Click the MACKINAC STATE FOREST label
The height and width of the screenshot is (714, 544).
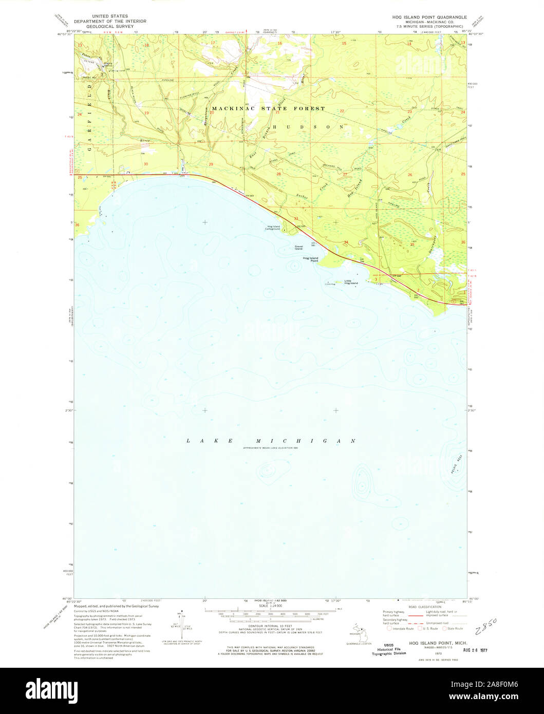coord(268,108)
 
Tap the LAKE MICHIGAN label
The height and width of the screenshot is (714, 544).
coord(271,441)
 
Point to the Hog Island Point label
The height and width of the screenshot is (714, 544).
coord(310,259)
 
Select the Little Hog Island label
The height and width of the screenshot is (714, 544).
coord(351,282)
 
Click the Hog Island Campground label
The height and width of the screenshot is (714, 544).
coord(273,228)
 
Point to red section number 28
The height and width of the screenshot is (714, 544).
coord(279,174)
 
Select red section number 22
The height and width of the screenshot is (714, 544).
coord(342,111)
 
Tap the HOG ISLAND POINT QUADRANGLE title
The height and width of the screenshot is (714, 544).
coord(429,17)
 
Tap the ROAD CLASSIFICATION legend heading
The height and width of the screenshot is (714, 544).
coord(423,607)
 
